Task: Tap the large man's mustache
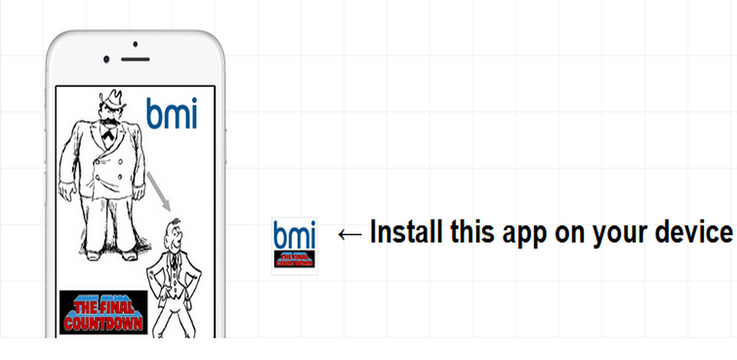pos(109,124)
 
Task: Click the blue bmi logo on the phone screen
pos(171,113)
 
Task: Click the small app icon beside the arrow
pos(294,246)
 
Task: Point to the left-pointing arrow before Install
pos(350,233)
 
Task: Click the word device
pos(694,233)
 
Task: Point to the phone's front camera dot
pos(107,58)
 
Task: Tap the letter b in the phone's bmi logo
pos(153,113)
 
